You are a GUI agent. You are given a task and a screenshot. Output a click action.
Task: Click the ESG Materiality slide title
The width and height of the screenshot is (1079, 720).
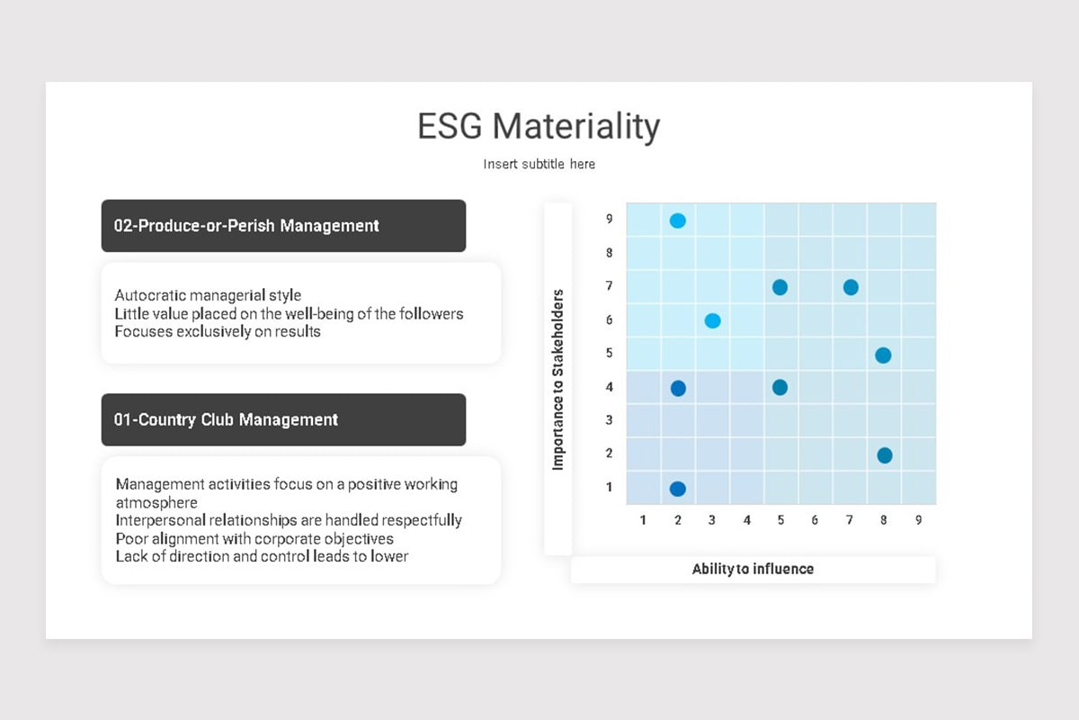click(x=539, y=126)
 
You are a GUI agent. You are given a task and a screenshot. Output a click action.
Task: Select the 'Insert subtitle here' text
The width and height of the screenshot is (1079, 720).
click(x=539, y=164)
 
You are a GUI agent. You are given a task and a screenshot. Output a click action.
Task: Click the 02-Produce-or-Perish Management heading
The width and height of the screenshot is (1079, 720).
click(x=246, y=226)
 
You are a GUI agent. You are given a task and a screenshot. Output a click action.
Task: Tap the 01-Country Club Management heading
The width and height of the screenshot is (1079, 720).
click(x=226, y=419)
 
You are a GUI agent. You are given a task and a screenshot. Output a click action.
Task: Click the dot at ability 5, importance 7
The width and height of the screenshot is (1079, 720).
click(x=780, y=287)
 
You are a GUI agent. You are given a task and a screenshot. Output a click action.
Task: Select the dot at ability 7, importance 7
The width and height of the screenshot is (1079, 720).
click(x=851, y=287)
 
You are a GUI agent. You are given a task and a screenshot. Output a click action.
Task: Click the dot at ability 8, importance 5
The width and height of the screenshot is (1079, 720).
click(x=883, y=355)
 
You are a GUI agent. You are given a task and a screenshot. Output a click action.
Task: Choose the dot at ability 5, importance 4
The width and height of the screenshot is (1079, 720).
click(x=780, y=387)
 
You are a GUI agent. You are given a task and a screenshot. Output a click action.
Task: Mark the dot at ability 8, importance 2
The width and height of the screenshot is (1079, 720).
click(x=885, y=455)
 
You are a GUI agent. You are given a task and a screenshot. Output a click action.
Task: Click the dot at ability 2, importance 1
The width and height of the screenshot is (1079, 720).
click(x=678, y=489)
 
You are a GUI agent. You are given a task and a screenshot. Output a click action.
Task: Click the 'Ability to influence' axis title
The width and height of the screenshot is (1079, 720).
click(x=753, y=569)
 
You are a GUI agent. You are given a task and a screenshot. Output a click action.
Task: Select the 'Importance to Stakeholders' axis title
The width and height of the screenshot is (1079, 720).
click(x=557, y=380)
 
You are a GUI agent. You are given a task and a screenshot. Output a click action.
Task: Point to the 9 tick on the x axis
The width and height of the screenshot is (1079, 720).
click(x=919, y=520)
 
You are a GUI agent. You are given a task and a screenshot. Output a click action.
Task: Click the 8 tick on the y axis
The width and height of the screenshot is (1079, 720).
click(x=610, y=253)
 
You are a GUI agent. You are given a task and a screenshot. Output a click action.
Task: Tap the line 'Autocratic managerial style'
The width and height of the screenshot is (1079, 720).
click(x=208, y=295)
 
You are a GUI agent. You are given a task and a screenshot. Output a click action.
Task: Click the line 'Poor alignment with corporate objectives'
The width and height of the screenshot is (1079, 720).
click(x=254, y=539)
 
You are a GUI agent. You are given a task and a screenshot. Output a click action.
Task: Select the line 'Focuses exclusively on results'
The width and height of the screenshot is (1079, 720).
click(x=218, y=332)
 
